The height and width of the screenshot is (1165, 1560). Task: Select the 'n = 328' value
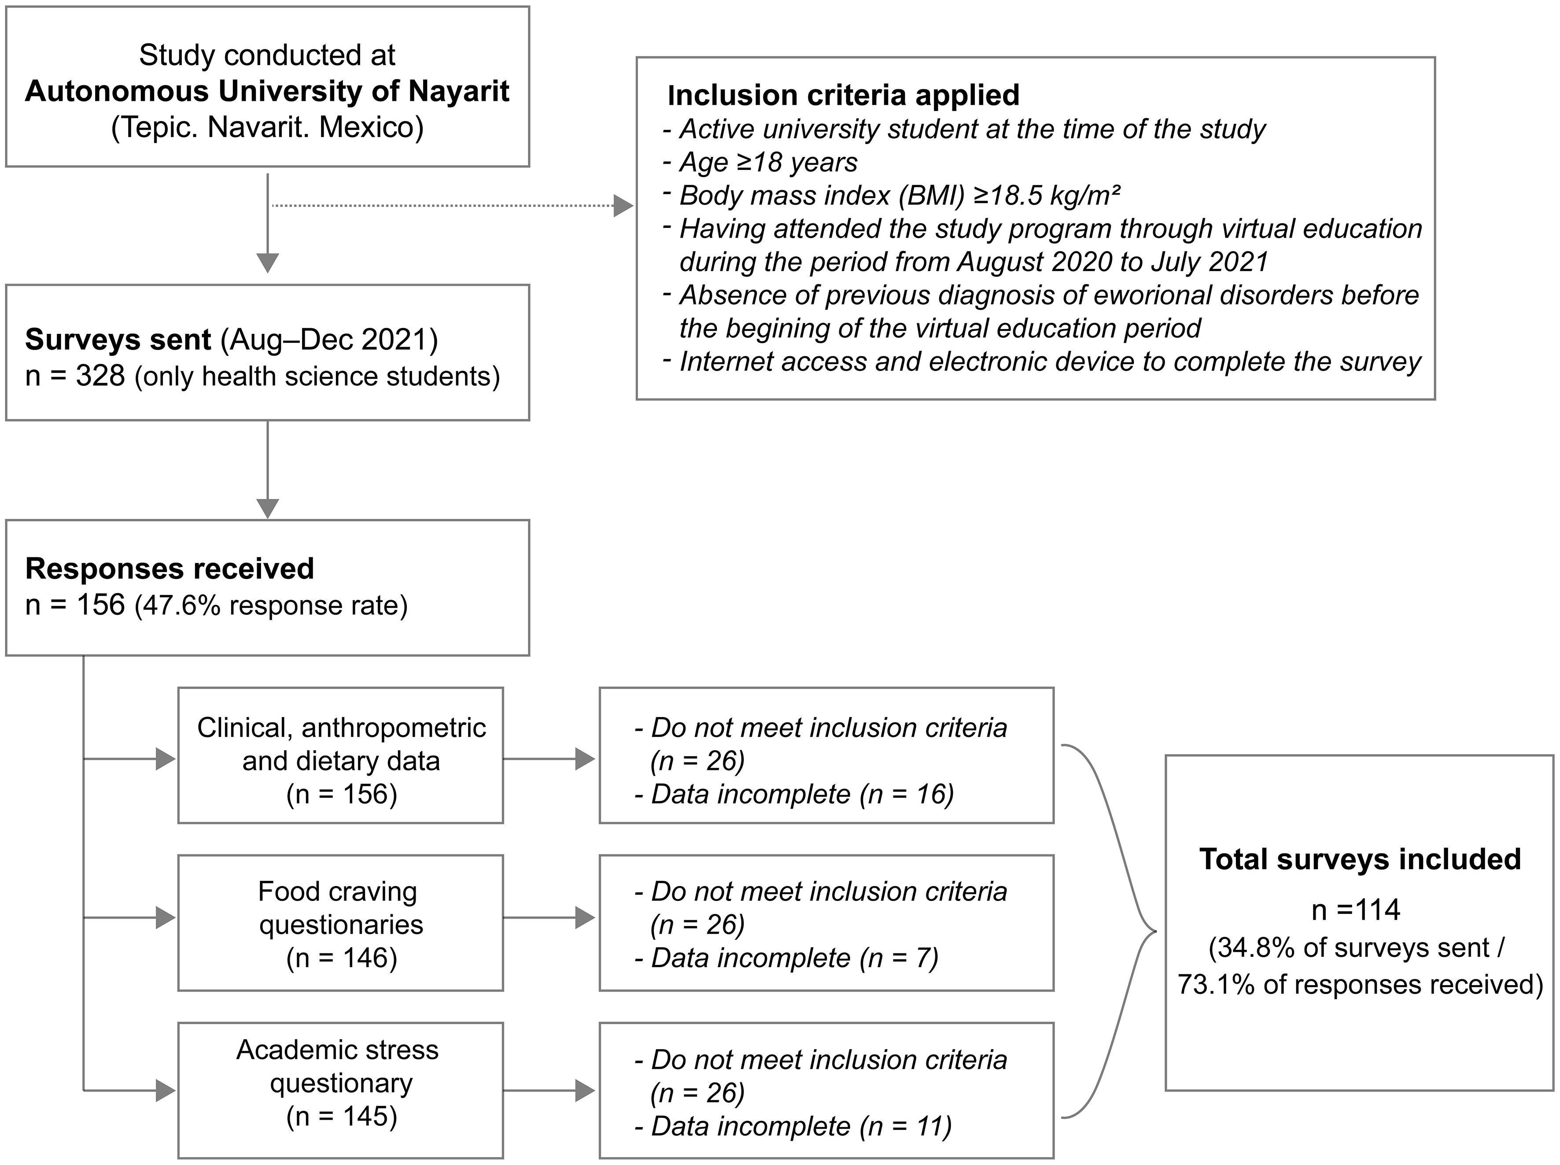coord(75,376)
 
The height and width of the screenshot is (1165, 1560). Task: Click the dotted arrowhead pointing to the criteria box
coord(623,206)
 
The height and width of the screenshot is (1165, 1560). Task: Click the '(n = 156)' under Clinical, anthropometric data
coord(341,794)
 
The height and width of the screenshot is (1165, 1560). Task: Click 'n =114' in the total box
coord(1355,910)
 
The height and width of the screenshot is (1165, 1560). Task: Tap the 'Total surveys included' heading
coord(1359,859)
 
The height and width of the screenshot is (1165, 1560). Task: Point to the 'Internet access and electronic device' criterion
coord(1049,362)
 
